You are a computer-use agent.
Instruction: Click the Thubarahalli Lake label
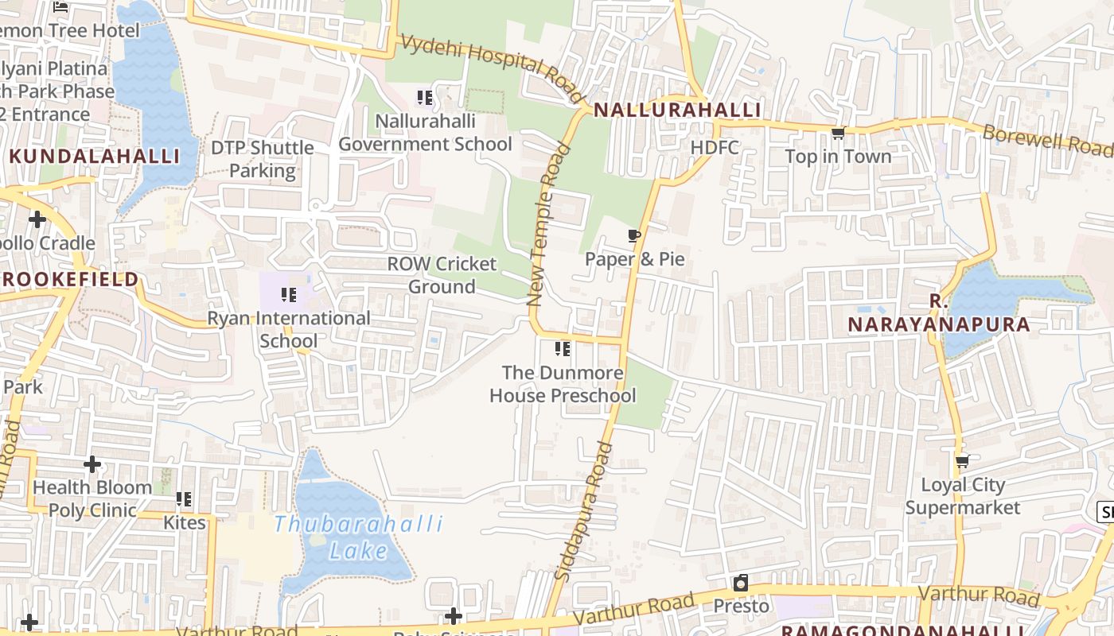click(x=358, y=537)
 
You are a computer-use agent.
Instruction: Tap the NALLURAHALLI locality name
click(x=677, y=111)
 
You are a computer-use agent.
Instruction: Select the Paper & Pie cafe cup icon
click(x=634, y=235)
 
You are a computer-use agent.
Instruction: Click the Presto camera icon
click(x=741, y=583)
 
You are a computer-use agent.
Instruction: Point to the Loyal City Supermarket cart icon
click(x=963, y=461)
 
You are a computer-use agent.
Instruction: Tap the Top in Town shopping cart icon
click(x=838, y=134)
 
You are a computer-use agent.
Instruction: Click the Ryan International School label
click(x=289, y=329)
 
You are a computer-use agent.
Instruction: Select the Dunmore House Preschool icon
click(x=563, y=348)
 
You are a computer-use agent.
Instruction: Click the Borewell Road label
click(x=1047, y=141)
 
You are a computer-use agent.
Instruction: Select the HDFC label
click(x=715, y=148)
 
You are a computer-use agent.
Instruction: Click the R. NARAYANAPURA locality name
click(x=938, y=313)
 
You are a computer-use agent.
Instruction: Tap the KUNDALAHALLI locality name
click(x=95, y=156)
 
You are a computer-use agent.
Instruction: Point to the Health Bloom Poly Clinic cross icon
click(x=92, y=463)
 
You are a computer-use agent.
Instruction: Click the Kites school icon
click(x=184, y=499)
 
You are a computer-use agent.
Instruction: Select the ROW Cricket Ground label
click(x=442, y=275)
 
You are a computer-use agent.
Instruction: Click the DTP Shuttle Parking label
click(x=262, y=159)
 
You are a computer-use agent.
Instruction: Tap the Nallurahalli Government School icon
click(x=425, y=98)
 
